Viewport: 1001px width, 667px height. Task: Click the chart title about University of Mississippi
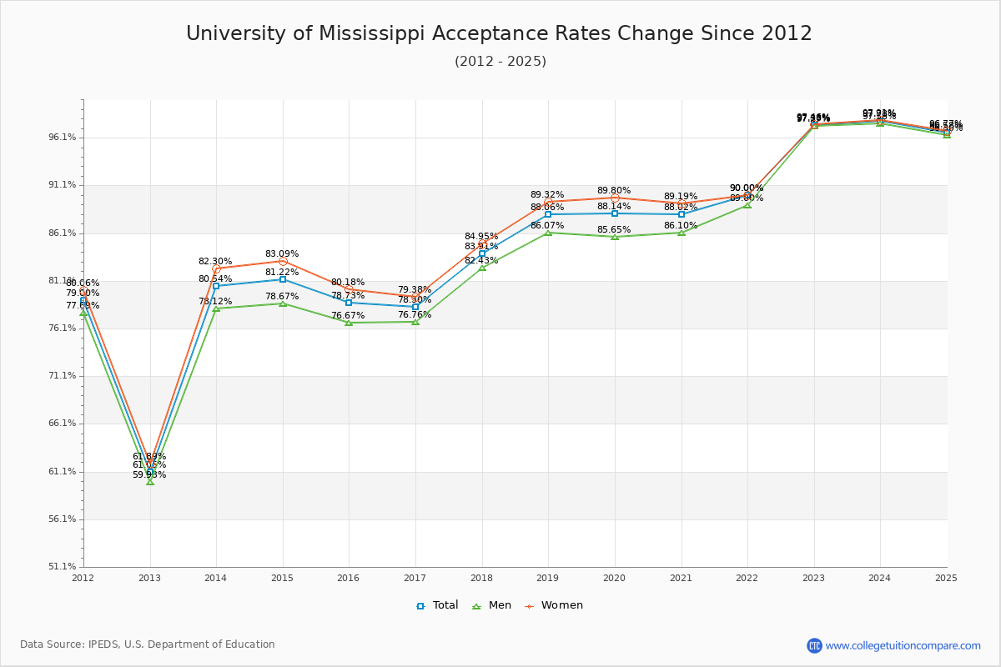click(499, 34)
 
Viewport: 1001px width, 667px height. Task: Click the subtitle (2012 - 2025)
click(500, 62)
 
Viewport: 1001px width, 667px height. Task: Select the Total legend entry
click(437, 605)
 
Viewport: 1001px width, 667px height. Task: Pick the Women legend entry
click(554, 605)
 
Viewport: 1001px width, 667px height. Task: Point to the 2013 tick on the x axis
click(149, 577)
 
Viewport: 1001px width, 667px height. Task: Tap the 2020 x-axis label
click(615, 577)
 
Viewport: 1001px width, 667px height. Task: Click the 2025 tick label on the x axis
click(946, 577)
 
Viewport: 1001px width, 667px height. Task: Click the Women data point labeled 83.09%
click(283, 262)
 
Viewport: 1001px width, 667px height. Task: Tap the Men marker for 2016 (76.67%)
click(349, 323)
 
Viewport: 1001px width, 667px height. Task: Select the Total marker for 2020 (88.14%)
click(615, 213)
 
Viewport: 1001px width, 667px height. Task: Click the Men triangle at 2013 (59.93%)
click(150, 482)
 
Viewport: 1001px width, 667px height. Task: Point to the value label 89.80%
click(614, 191)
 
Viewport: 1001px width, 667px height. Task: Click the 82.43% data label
click(481, 261)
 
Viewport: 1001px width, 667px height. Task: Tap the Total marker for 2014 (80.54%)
click(216, 286)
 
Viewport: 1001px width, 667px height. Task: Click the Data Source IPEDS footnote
click(148, 644)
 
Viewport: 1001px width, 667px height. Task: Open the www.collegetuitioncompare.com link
click(903, 645)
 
